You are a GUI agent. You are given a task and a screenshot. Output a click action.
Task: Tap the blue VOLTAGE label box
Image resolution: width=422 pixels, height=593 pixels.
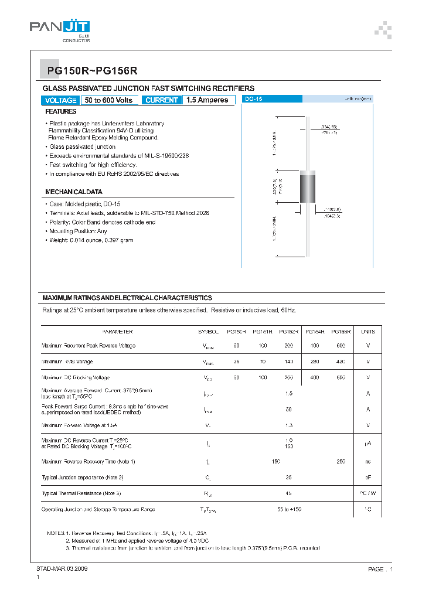pos(60,100)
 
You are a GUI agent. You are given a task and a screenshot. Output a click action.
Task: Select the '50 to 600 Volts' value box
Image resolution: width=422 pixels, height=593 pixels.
pos(109,100)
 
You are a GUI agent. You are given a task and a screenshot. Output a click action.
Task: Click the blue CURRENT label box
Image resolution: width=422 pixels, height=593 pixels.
pos(161,100)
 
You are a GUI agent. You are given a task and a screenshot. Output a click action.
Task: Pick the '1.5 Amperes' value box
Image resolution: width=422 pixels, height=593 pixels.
pos(207,100)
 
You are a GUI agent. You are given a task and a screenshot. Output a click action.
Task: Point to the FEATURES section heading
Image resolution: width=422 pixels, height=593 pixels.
pos(61,111)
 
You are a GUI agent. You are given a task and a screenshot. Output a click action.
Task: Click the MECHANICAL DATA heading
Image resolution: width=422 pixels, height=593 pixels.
pos(74,192)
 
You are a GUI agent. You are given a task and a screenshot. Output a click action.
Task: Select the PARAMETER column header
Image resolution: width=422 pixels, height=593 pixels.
pos(117,332)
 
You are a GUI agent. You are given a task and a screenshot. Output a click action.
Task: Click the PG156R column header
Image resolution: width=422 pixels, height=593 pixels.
pos(341,332)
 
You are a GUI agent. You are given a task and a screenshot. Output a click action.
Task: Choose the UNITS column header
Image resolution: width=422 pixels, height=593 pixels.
pos(368,332)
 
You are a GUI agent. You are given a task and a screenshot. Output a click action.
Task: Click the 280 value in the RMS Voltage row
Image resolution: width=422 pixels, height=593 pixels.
pos(315,362)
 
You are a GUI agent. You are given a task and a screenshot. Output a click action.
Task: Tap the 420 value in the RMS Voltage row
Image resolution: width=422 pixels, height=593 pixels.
pos(341,362)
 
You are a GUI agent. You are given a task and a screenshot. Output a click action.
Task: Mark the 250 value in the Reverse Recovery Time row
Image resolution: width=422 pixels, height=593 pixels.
pos(341,462)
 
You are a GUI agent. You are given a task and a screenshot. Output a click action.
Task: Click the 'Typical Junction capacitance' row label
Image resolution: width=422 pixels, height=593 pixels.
pos(82,478)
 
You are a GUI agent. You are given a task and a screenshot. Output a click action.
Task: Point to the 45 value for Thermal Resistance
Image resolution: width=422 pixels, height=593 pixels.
pos(288,493)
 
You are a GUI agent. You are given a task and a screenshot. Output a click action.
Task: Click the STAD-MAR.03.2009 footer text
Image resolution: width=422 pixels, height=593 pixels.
pos(62,569)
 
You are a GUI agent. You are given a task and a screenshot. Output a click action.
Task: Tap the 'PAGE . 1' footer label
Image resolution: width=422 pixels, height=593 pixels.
pos(380,569)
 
